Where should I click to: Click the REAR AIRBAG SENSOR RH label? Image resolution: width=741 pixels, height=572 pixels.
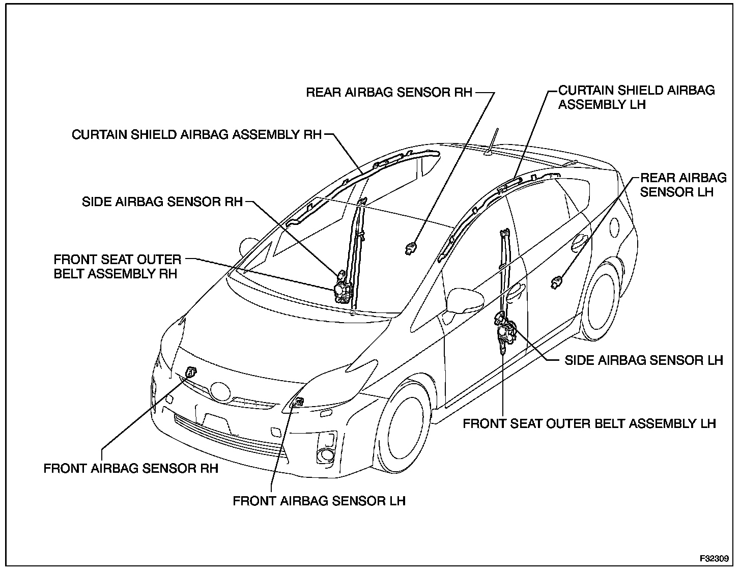click(x=389, y=93)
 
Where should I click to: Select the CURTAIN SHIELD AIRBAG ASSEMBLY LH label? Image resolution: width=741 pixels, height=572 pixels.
click(x=636, y=97)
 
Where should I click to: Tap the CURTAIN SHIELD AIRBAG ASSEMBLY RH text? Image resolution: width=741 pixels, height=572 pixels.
click(x=197, y=135)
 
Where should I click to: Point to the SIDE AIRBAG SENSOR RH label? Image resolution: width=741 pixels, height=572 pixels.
click(x=162, y=202)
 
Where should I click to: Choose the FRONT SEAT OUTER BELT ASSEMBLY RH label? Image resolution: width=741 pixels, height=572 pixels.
click(x=118, y=267)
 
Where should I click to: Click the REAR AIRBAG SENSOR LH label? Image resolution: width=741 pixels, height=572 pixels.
click(x=683, y=185)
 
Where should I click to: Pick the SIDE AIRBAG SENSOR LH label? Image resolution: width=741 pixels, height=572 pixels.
click(x=643, y=360)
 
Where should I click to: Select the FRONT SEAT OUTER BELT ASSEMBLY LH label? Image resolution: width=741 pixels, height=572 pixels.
click(x=589, y=423)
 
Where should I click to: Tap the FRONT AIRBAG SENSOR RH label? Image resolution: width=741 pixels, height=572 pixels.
click(x=131, y=468)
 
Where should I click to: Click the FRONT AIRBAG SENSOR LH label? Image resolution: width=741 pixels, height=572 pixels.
click(x=319, y=501)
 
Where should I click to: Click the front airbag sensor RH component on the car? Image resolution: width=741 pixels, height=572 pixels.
click(x=191, y=372)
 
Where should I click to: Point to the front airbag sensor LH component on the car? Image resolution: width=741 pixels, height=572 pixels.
click(x=298, y=402)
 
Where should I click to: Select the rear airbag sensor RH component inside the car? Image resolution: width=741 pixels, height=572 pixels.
click(x=410, y=248)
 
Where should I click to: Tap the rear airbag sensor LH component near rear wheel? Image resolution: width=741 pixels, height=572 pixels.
click(x=557, y=281)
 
